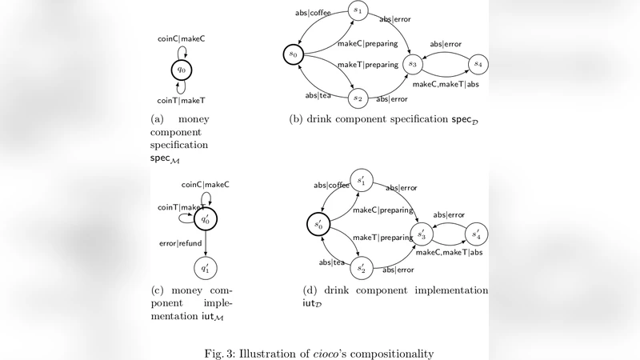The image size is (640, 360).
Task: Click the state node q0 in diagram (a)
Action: click(x=182, y=70)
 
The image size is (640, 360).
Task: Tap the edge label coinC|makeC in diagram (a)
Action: click(x=183, y=38)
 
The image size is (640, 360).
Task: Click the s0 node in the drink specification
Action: click(x=294, y=54)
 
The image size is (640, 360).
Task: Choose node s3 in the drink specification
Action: click(x=414, y=62)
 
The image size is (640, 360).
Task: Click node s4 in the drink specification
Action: click(x=478, y=62)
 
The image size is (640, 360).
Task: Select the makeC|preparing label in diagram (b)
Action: click(x=368, y=43)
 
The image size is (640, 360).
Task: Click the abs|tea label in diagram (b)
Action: click(x=318, y=95)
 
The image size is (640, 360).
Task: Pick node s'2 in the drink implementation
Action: click(x=362, y=268)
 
